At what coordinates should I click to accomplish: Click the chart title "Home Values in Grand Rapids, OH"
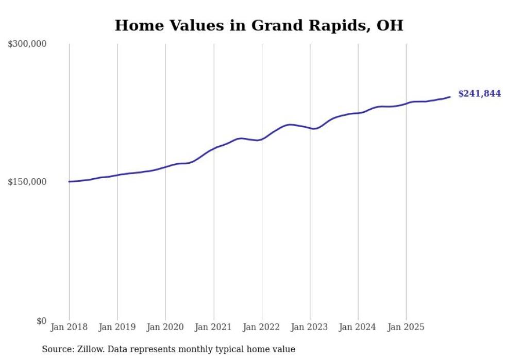coord(259,25)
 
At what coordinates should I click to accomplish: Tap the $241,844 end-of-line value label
coord(479,94)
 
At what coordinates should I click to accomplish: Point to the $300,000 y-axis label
coord(27,44)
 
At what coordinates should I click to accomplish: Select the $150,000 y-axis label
coord(27,182)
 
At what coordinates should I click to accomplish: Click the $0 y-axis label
coord(41,321)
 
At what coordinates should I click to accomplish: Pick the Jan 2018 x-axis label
coord(69,327)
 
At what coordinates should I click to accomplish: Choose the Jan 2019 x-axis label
coord(117,327)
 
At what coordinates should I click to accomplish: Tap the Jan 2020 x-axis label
coord(165,327)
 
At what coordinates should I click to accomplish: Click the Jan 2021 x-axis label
coord(213,327)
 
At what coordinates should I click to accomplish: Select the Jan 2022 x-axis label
coord(262,327)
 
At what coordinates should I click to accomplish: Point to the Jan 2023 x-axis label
coord(310,327)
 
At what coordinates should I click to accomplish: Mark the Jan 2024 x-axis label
coord(358,327)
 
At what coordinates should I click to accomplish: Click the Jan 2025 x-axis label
coord(406,327)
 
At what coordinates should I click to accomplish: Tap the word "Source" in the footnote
coord(56,350)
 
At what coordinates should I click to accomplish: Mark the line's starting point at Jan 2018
coord(69,181)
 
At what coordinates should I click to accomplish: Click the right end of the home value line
coord(450,96)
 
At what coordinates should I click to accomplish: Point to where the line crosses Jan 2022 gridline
coord(262,139)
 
